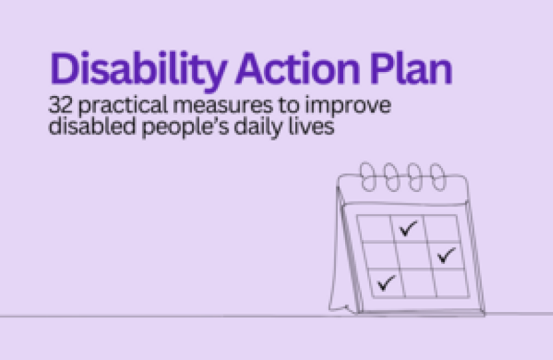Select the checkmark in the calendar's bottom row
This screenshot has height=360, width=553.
coord(386,283)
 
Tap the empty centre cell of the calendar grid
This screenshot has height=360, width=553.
coord(414,256)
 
